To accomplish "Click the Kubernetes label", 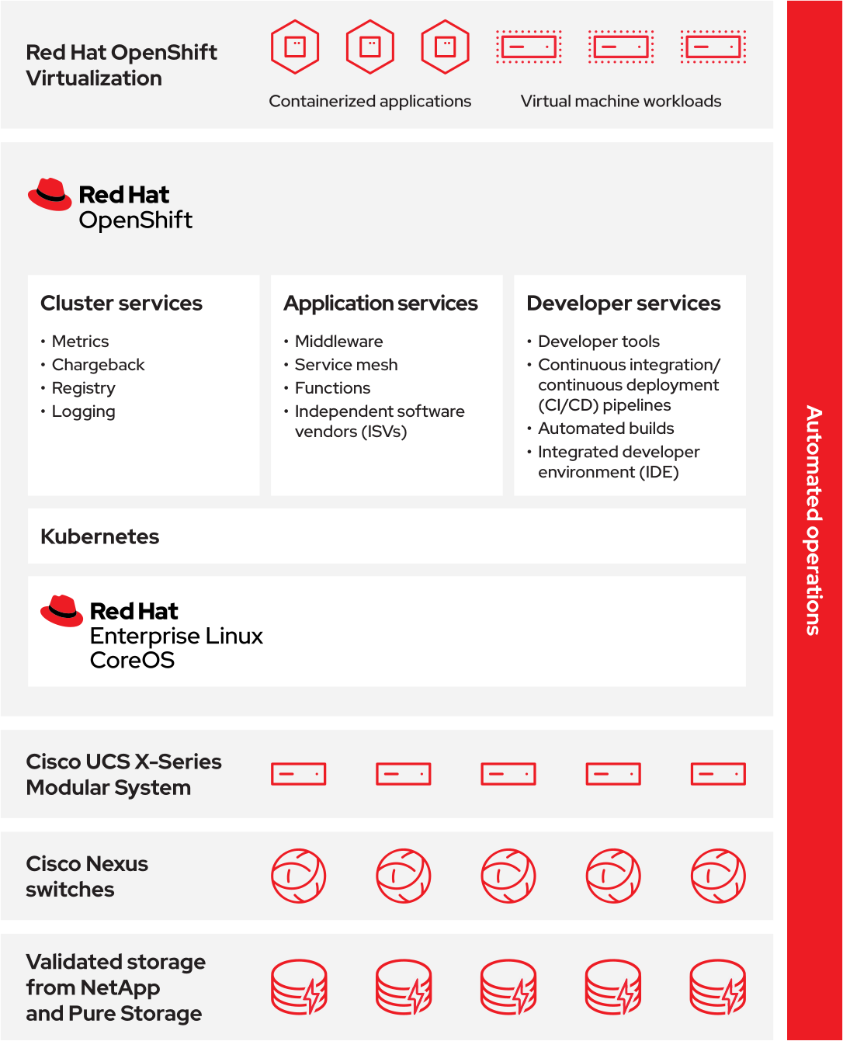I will (x=99, y=536).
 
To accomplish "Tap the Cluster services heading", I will (x=121, y=303).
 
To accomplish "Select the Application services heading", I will (x=380, y=303).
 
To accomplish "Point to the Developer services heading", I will (x=623, y=303).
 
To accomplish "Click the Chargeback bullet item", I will (x=98, y=365).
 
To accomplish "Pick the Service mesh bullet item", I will (x=345, y=365).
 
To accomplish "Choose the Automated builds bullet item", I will (x=605, y=429).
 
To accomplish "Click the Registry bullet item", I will (x=83, y=388).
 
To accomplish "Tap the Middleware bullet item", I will (x=338, y=342).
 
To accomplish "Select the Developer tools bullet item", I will (x=598, y=342).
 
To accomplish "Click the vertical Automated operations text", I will (x=813, y=520).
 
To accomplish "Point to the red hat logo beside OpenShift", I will (x=50, y=194).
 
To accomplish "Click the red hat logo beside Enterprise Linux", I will (x=61, y=611).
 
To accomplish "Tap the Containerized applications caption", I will (x=369, y=102).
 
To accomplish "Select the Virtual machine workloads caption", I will (x=620, y=102).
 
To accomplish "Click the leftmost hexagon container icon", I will (x=295, y=47).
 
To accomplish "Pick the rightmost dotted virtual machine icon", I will (x=713, y=47).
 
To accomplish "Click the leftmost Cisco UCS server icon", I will (x=298, y=774).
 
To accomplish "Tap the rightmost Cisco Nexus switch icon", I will (x=718, y=876).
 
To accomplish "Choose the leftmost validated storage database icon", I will (x=299, y=987).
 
